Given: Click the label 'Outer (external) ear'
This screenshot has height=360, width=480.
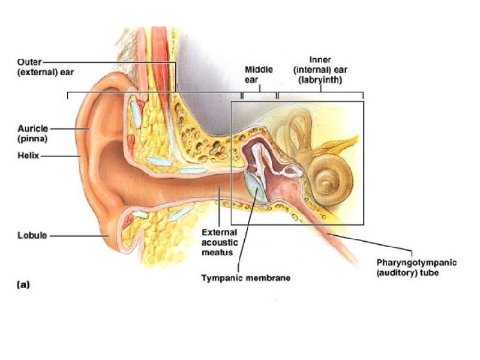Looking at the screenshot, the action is tap(35, 67).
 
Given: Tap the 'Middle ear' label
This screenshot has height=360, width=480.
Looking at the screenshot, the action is tap(259, 74).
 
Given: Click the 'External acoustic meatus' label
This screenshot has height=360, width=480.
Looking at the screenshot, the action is tap(220, 242).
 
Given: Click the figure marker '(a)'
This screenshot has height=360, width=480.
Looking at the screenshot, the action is tap(22, 285).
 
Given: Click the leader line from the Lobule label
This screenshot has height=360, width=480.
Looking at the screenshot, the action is tap(78, 236).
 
